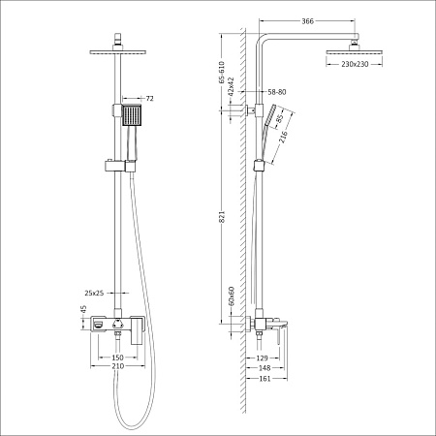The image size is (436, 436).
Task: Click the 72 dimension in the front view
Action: (x=149, y=99)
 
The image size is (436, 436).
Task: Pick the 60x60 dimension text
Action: (x=231, y=295)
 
